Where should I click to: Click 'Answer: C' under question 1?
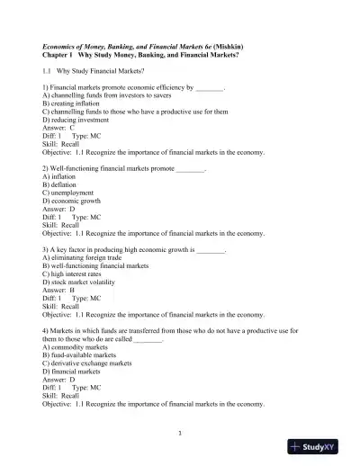(59, 128)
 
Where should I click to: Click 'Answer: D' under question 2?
(59, 210)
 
